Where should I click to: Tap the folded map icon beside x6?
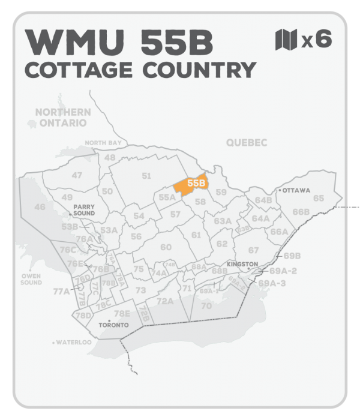click(x=286, y=40)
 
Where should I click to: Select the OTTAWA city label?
click(x=295, y=191)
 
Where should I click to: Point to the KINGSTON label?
click(x=242, y=264)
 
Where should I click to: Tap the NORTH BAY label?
click(x=103, y=143)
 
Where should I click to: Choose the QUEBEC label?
click(x=246, y=142)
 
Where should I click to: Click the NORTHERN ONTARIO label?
click(x=62, y=118)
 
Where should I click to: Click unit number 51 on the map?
click(x=146, y=175)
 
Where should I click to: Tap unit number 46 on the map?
click(x=40, y=207)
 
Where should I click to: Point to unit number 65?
click(x=318, y=198)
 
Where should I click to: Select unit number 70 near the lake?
click(x=206, y=306)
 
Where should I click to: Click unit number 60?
click(x=166, y=247)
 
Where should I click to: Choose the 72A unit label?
click(x=165, y=301)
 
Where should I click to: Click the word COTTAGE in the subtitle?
click(x=80, y=70)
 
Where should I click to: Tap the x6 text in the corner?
click(x=316, y=41)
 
